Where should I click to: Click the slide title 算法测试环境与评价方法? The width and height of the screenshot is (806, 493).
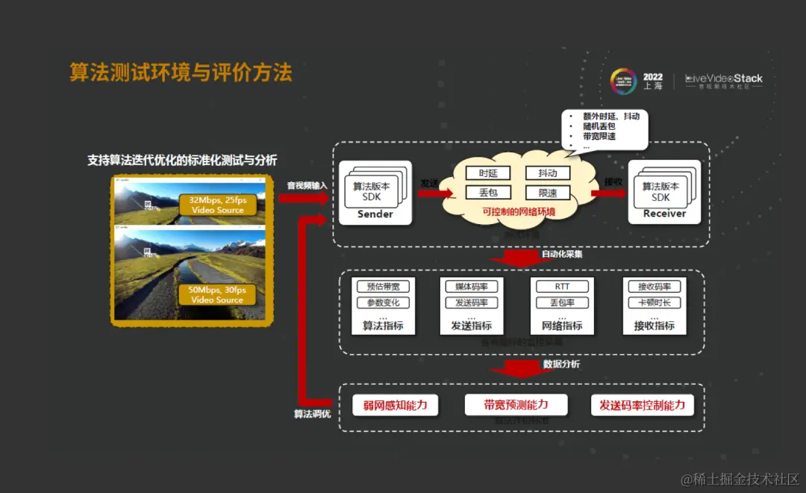pyautogui.click(x=181, y=72)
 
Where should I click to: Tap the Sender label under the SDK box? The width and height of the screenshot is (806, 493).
pyautogui.click(x=375, y=214)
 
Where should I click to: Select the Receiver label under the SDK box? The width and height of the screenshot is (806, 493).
pyautogui.click(x=664, y=214)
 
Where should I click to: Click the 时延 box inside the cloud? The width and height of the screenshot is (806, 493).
pyautogui.click(x=488, y=173)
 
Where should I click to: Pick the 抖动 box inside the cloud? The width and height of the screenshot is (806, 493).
pyautogui.click(x=548, y=173)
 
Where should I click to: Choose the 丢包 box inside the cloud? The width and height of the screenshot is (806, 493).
pyautogui.click(x=488, y=193)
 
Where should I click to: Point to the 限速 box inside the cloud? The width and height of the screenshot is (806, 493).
pyautogui.click(x=548, y=193)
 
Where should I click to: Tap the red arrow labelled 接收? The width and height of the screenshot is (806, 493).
pyautogui.click(x=608, y=193)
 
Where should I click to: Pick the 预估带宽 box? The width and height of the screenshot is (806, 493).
pyautogui.click(x=384, y=287)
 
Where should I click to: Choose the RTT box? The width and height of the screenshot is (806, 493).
pyautogui.click(x=562, y=287)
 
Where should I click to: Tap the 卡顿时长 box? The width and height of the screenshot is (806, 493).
pyautogui.click(x=655, y=303)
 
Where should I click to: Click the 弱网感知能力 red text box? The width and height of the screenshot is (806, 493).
pyautogui.click(x=396, y=406)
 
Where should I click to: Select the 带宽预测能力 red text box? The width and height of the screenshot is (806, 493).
pyautogui.click(x=516, y=405)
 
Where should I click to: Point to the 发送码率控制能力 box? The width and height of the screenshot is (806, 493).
pyautogui.click(x=642, y=406)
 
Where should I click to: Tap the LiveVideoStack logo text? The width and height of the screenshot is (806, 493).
pyautogui.click(x=724, y=78)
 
